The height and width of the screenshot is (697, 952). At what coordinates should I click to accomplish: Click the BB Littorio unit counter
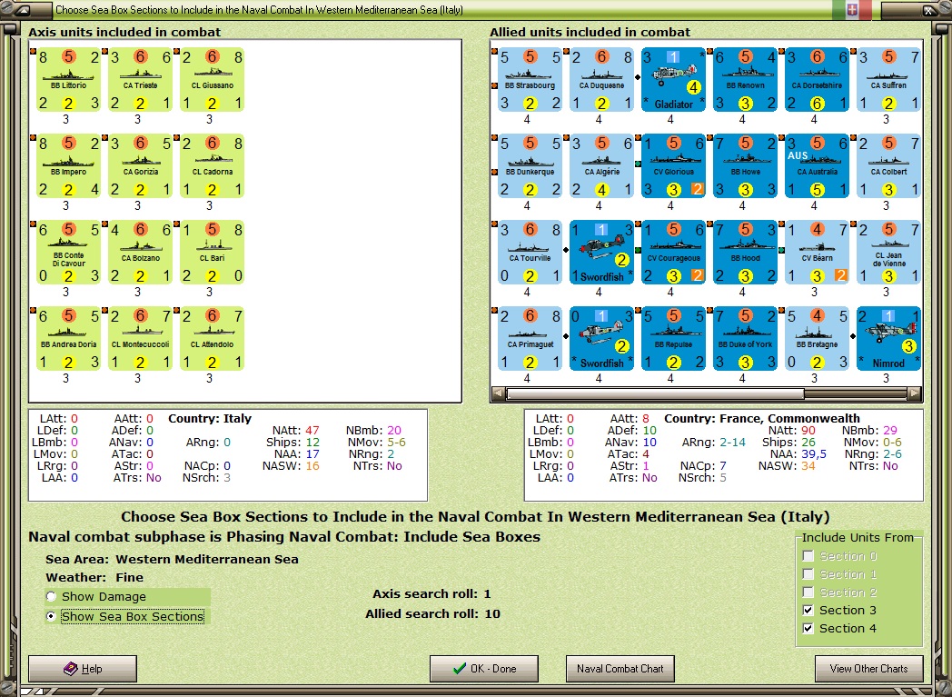point(68,79)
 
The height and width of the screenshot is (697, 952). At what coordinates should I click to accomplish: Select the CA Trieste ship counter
point(140,79)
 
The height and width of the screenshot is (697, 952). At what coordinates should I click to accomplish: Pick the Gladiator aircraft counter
point(672,79)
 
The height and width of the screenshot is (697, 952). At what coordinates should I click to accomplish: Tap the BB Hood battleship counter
point(744,252)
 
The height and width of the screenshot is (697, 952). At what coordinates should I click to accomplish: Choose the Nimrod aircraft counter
point(888,338)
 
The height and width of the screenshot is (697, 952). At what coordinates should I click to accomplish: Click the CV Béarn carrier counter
point(816,252)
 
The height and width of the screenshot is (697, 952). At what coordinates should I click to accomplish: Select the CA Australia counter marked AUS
point(816,165)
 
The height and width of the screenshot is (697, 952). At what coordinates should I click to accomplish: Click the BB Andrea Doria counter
point(68,338)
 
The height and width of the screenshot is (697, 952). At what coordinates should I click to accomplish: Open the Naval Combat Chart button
point(620,669)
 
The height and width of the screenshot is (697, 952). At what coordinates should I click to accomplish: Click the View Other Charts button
point(868,669)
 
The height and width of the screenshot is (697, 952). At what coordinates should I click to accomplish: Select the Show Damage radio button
point(53,597)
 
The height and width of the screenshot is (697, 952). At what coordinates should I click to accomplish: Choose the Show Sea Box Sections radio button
point(53,617)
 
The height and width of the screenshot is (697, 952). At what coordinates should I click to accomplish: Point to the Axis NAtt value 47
point(312,430)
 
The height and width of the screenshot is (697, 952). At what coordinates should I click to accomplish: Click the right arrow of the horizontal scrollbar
point(915,394)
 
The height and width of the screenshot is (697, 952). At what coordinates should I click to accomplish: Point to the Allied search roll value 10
point(492,614)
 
